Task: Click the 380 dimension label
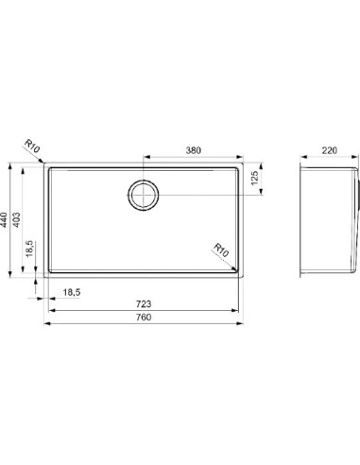(193, 150)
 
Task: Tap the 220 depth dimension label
(329, 150)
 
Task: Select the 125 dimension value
(254, 178)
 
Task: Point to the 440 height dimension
(4, 220)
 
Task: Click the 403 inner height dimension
(16, 220)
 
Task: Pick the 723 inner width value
(144, 304)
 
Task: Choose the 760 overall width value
(144, 317)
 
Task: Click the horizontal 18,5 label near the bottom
(72, 292)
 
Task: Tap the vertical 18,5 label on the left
(29, 249)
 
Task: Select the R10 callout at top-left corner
(32, 146)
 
